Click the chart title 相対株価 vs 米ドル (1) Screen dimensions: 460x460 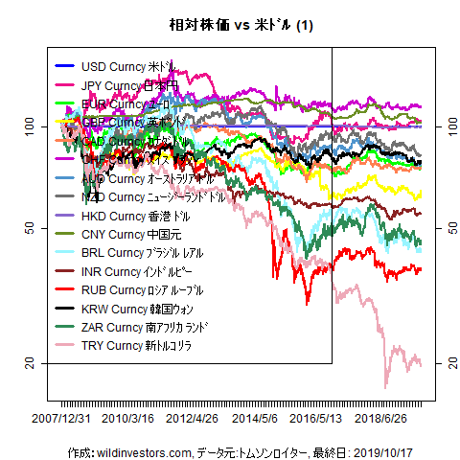coord(229,25)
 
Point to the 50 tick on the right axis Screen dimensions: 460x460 coord(444,228)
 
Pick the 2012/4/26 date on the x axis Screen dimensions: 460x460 coord(192,419)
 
